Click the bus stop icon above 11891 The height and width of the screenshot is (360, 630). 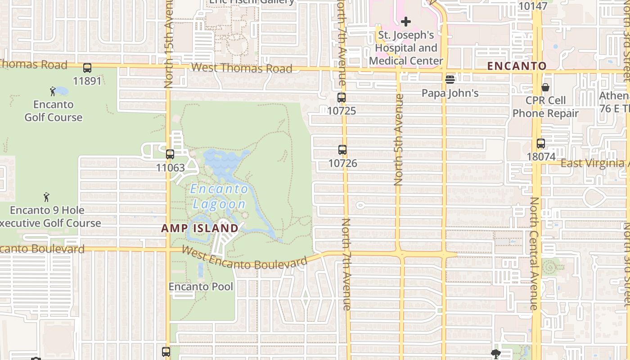click(87, 68)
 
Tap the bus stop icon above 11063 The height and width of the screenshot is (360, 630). click(170, 154)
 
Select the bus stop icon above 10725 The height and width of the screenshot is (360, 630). click(342, 98)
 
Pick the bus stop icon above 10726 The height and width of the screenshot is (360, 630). click(342, 150)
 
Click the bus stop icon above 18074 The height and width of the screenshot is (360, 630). click(541, 144)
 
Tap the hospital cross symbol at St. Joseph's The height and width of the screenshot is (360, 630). click(406, 21)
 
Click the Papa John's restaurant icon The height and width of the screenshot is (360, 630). click(450, 80)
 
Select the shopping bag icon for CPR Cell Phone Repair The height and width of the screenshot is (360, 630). click(545, 87)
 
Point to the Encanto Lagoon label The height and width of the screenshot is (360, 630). click(219, 196)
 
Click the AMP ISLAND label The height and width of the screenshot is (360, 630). click(200, 228)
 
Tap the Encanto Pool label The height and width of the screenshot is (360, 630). click(201, 287)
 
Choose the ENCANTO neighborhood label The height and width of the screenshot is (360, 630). click(517, 66)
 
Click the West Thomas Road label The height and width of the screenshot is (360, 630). click(242, 68)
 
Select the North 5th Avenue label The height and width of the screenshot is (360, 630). click(399, 139)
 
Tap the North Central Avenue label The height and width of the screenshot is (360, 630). click(534, 253)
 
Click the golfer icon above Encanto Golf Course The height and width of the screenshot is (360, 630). click(53, 91)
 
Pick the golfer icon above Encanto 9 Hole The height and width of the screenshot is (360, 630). click(46, 197)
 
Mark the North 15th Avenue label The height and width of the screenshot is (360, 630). click(169, 45)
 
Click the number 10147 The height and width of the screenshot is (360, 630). click(533, 6)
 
